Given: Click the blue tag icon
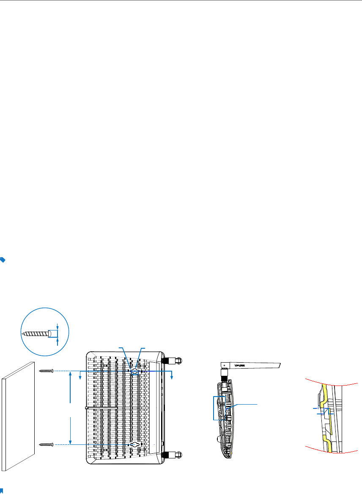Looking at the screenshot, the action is [x=3, y=260].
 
